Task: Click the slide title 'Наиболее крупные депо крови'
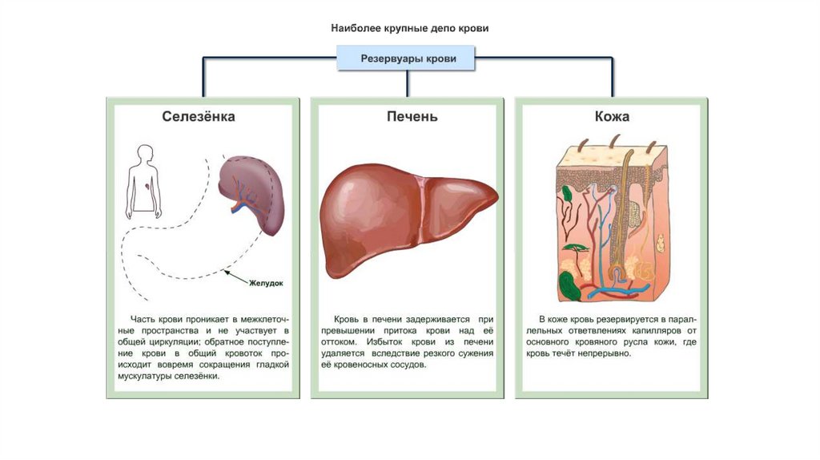[409, 28]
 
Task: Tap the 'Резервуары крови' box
[408, 59]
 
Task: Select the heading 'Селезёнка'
[199, 117]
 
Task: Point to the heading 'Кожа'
[611, 117]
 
